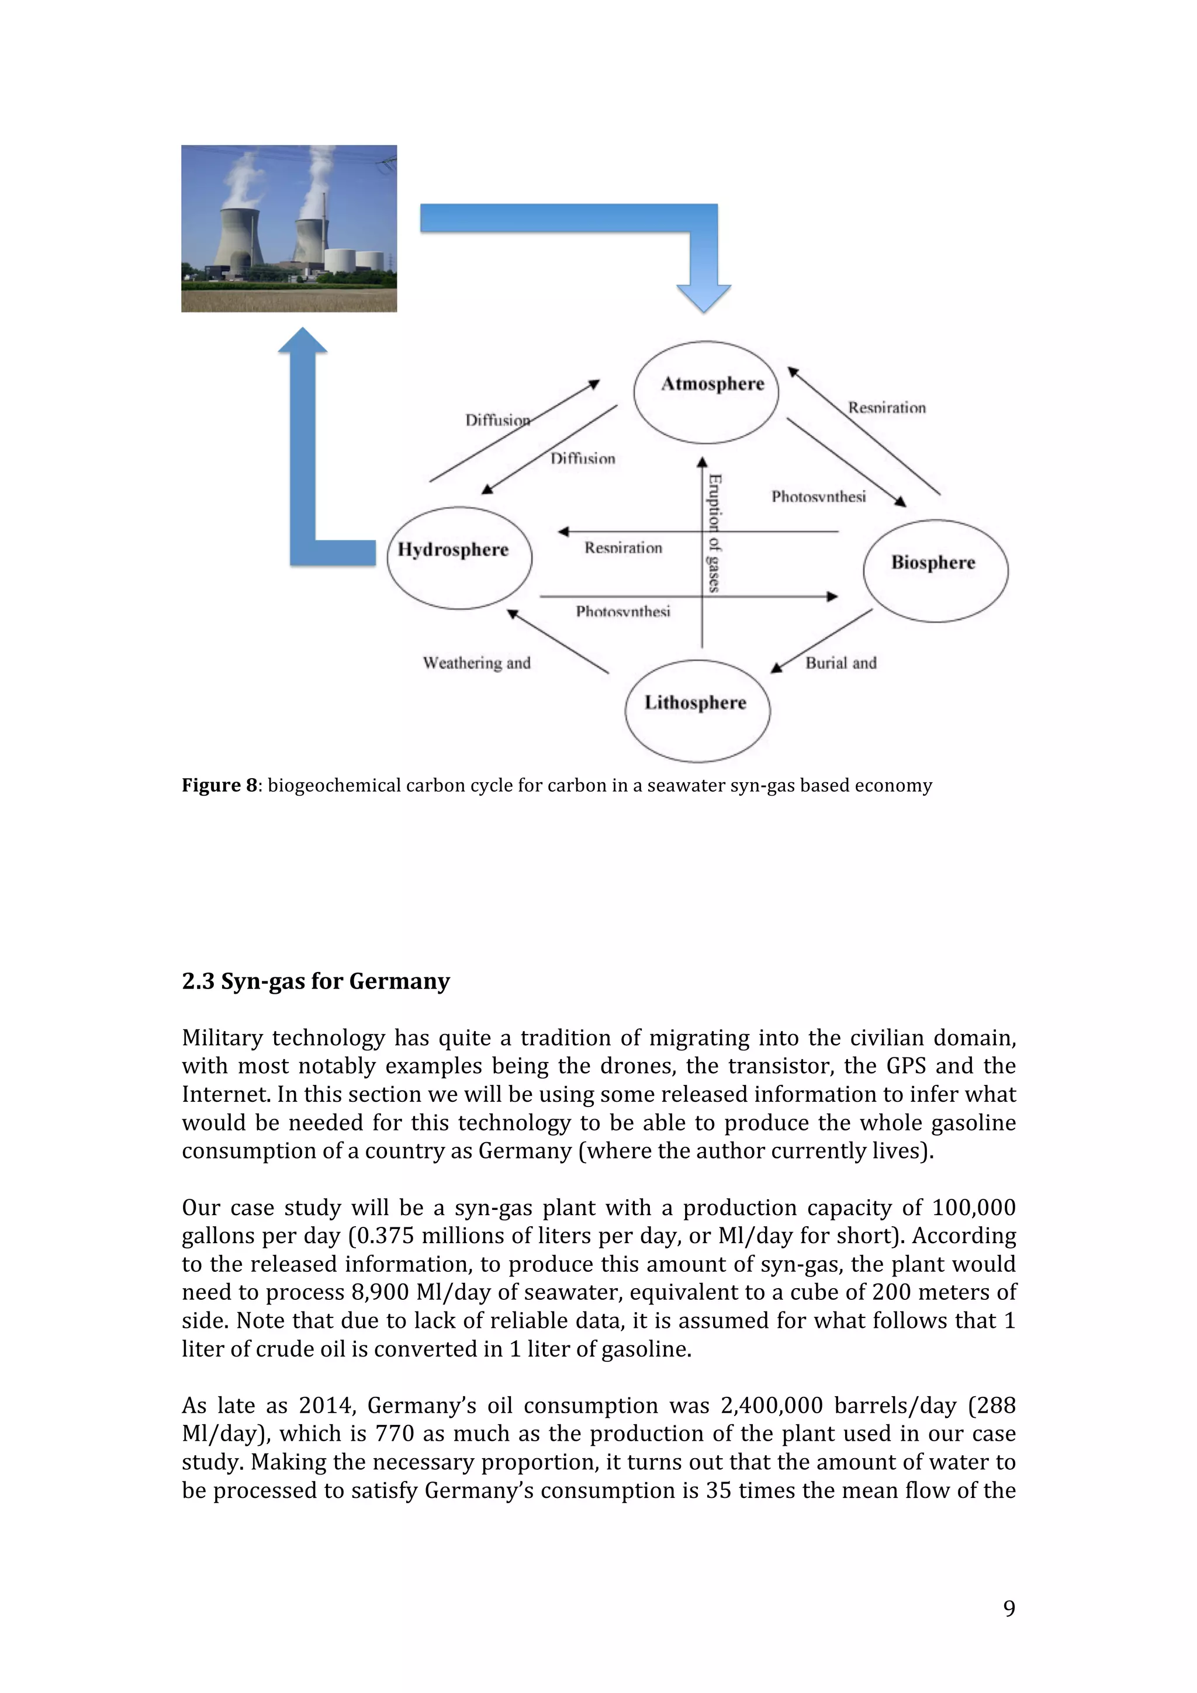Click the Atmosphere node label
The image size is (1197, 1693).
712,383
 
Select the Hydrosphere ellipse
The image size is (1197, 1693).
459,558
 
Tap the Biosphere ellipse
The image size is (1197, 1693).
935,571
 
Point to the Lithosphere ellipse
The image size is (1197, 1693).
697,711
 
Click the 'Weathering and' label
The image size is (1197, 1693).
476,663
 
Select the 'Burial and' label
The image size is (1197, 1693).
841,663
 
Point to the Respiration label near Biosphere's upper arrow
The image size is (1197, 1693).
887,408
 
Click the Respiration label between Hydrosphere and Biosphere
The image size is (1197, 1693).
623,548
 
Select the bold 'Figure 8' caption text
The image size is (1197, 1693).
219,785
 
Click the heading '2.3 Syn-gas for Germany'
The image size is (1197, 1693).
316,981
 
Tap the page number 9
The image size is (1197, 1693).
1009,1608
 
